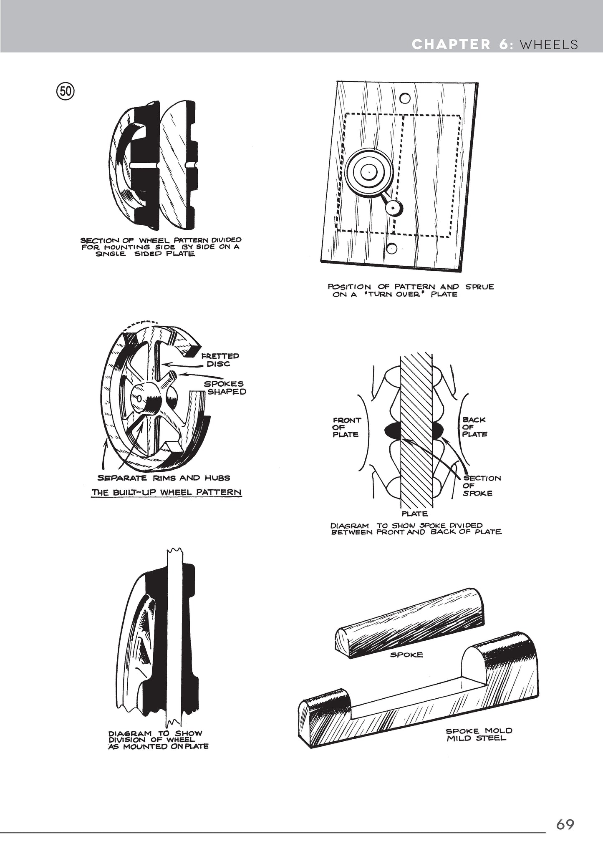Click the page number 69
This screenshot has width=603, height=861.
(x=565, y=824)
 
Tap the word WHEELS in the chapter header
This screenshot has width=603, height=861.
(x=549, y=44)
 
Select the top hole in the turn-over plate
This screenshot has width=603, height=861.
(x=404, y=99)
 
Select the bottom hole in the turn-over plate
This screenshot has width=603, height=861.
(x=391, y=248)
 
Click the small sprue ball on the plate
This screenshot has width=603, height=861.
(x=393, y=206)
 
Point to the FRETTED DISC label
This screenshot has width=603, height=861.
(x=220, y=360)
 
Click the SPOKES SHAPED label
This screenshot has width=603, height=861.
(x=225, y=388)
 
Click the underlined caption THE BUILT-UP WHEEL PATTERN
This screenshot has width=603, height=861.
(x=167, y=492)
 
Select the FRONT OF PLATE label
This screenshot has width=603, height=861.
(x=346, y=427)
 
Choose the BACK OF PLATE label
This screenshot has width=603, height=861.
(x=474, y=427)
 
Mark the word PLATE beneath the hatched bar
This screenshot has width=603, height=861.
(x=414, y=514)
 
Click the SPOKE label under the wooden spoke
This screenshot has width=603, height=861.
(x=406, y=655)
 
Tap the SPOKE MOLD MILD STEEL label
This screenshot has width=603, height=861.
(x=479, y=734)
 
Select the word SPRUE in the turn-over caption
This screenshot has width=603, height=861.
(x=479, y=287)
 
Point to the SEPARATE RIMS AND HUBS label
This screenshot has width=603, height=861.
(x=164, y=478)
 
